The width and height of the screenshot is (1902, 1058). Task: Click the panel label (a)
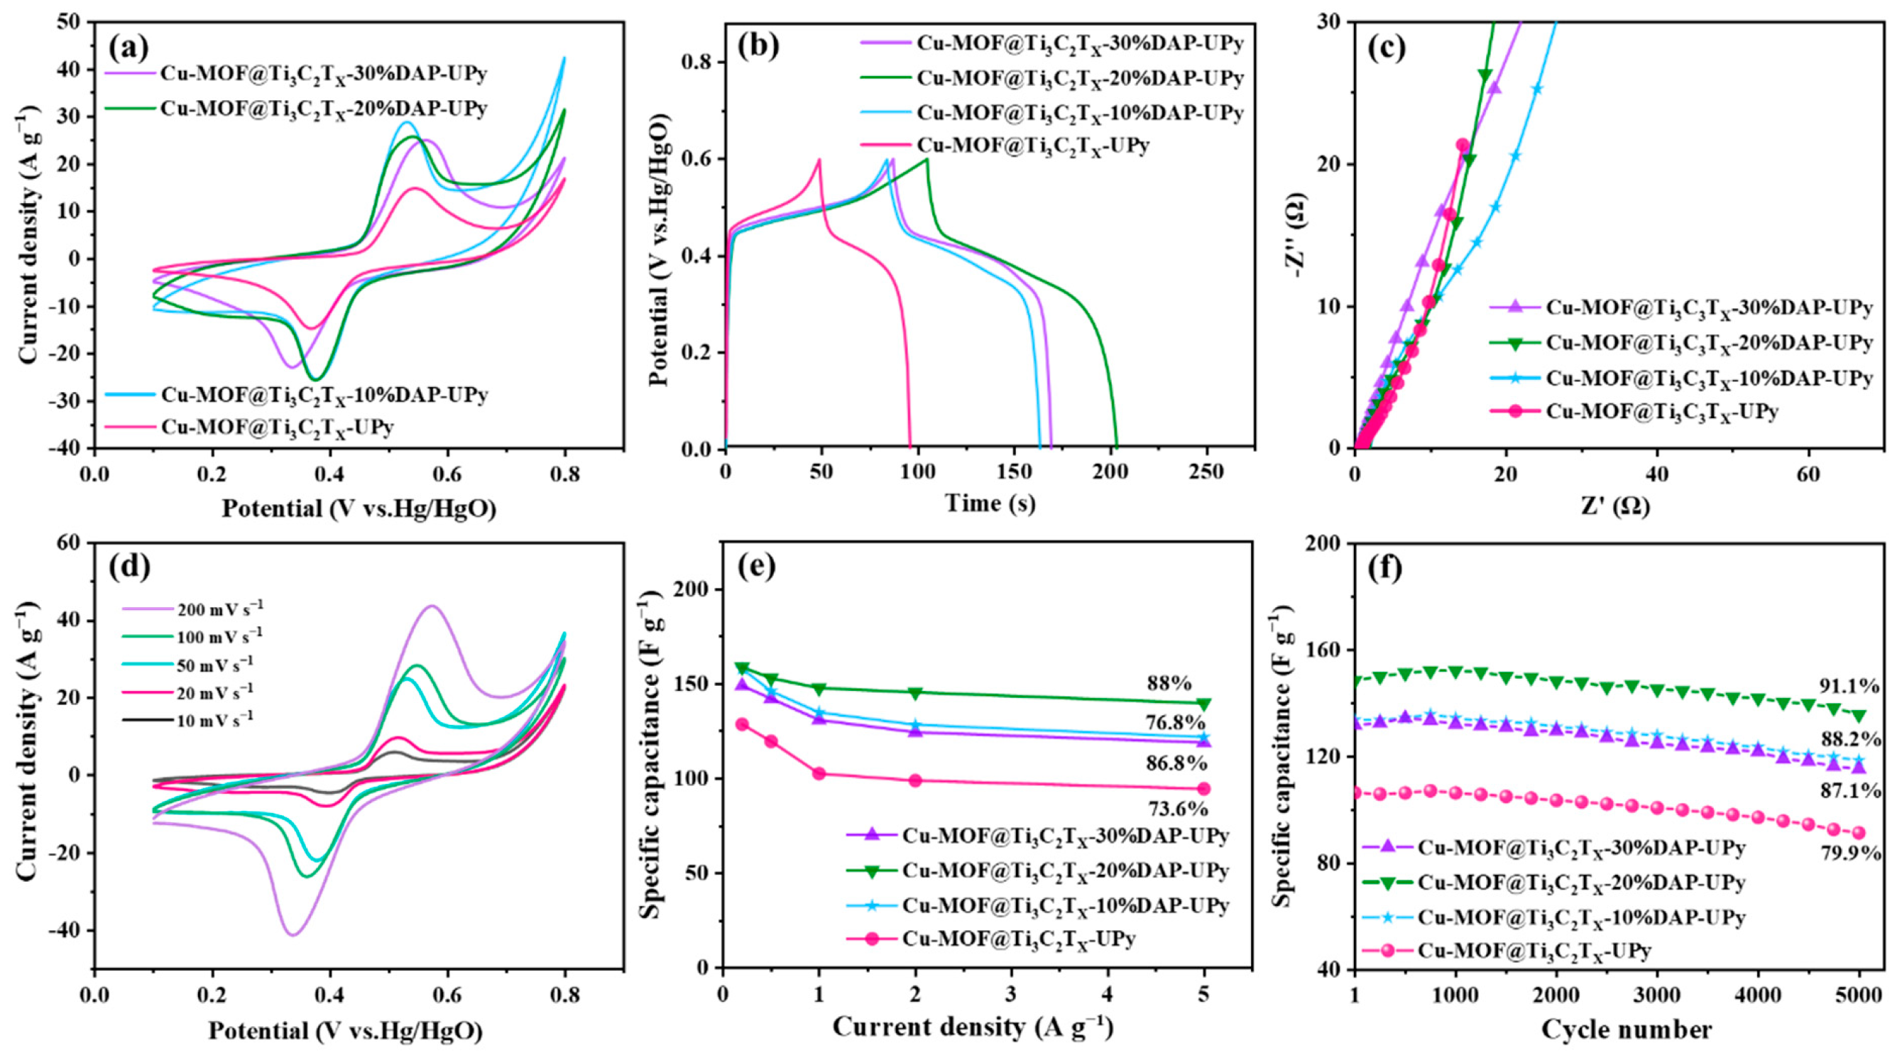tap(129, 48)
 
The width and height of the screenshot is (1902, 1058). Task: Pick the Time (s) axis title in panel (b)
tap(990, 503)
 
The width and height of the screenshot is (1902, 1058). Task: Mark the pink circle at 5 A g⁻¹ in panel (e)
tap(1204, 788)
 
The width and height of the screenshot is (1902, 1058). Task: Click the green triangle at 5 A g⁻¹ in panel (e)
tap(1204, 704)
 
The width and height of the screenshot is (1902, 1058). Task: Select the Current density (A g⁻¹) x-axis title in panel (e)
tap(973, 1027)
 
